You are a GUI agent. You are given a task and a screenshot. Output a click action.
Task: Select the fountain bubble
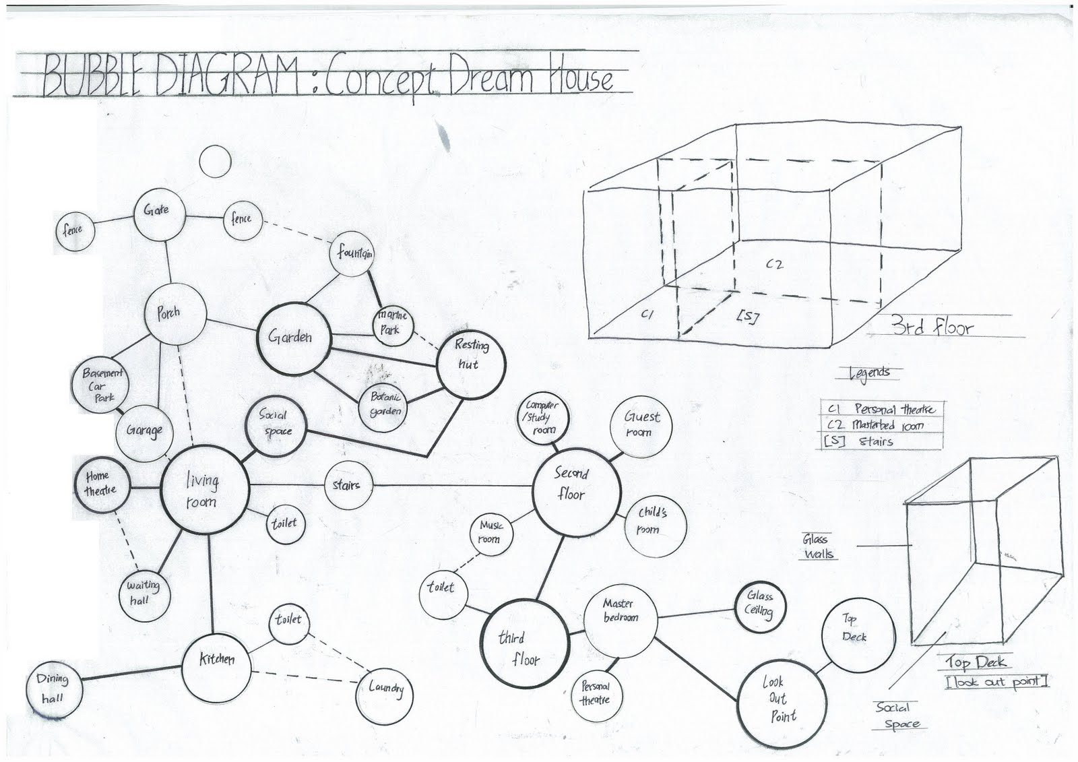pyautogui.click(x=353, y=255)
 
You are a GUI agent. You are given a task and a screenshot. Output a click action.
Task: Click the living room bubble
pyautogui.click(x=204, y=489)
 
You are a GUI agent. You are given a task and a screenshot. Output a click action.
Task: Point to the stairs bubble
pyautogui.click(x=347, y=486)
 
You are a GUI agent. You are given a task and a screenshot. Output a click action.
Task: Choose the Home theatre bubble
pyautogui.click(x=100, y=484)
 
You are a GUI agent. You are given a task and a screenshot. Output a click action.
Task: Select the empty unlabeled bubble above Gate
pyautogui.click(x=216, y=162)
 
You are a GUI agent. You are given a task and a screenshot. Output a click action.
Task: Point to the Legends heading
pyautogui.click(x=870, y=373)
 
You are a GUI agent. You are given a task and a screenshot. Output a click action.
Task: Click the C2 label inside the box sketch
pyautogui.click(x=775, y=264)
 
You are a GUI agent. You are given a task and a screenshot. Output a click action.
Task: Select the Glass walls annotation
pyautogui.click(x=818, y=546)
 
